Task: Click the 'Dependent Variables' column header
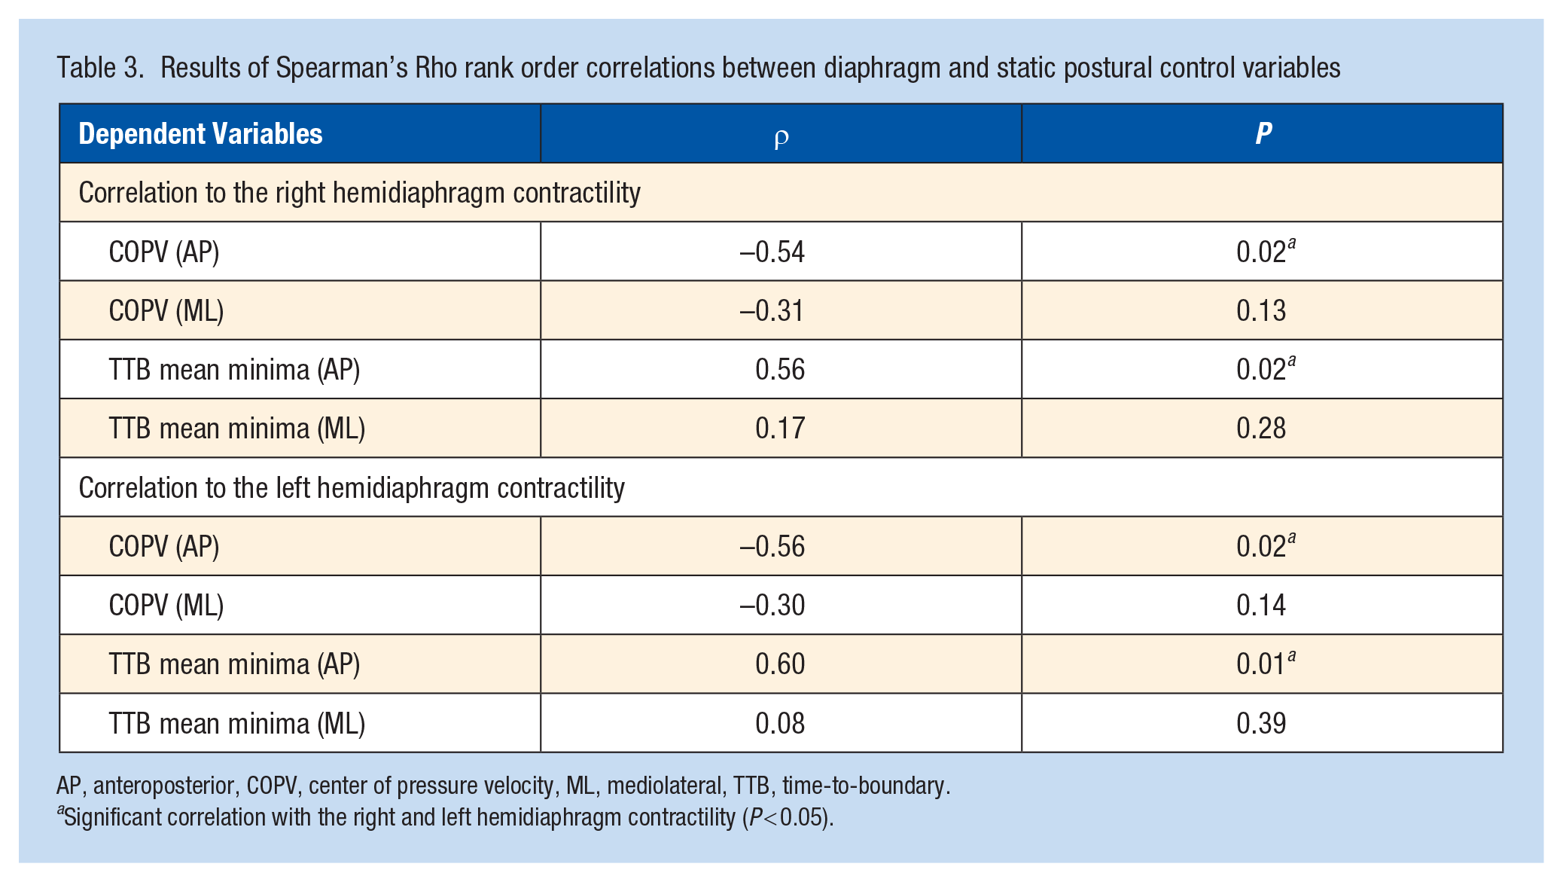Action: pos(200,134)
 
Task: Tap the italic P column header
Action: pos(1263,133)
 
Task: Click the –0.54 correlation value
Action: pos(772,252)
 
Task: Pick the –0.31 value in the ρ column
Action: pos(772,310)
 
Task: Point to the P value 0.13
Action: pos(1261,310)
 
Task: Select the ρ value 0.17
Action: pos(780,428)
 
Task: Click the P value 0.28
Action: pos(1261,428)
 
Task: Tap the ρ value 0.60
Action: pos(780,664)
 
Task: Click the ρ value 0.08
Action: pos(780,723)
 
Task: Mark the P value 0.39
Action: pos(1261,723)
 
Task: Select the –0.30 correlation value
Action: pos(772,605)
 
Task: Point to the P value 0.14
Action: pos(1261,605)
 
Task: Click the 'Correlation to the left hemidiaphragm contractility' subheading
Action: pos(352,488)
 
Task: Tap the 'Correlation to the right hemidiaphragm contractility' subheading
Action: pos(360,193)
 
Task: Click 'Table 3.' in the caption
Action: pos(100,68)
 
